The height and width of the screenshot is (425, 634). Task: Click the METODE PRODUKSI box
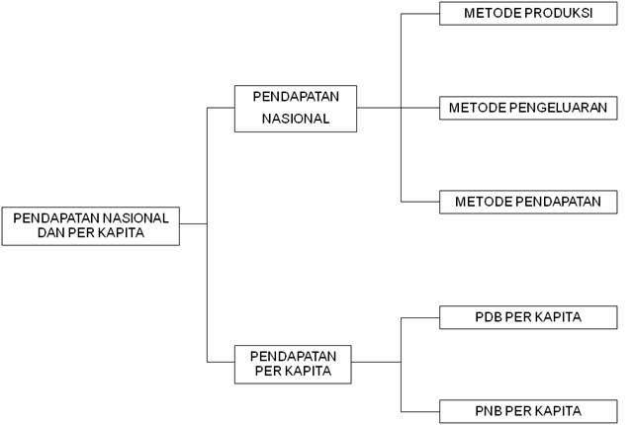click(x=528, y=14)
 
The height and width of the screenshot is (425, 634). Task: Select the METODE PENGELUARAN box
click(x=528, y=107)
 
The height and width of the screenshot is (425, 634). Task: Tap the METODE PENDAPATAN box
click(x=528, y=202)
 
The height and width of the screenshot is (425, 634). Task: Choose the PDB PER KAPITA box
click(x=528, y=317)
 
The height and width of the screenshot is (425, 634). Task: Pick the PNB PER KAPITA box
click(x=528, y=410)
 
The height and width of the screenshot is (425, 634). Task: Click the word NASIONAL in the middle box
click(x=295, y=120)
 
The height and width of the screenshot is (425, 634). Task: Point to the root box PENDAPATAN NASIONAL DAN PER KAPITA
click(x=90, y=225)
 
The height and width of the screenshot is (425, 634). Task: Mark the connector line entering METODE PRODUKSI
click(x=420, y=14)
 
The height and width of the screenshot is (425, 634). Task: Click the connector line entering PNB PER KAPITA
click(x=420, y=410)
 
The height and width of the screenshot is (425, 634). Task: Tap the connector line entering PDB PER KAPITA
click(x=420, y=317)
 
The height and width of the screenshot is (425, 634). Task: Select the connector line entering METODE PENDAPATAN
click(x=420, y=202)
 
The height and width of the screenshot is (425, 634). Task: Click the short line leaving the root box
click(x=193, y=224)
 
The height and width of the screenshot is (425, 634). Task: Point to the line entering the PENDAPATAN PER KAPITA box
click(x=220, y=363)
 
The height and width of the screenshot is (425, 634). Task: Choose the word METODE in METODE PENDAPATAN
click(x=478, y=202)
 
